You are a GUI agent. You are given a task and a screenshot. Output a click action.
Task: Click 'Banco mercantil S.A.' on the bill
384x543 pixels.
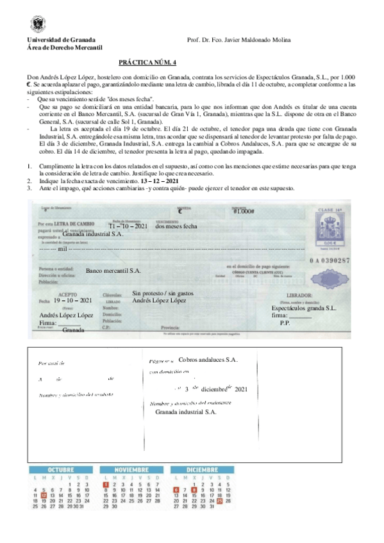[113, 271]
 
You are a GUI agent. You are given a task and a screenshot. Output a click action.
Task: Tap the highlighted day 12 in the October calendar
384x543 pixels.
[43, 495]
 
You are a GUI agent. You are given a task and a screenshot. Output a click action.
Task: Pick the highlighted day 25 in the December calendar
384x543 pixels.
[220, 501]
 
